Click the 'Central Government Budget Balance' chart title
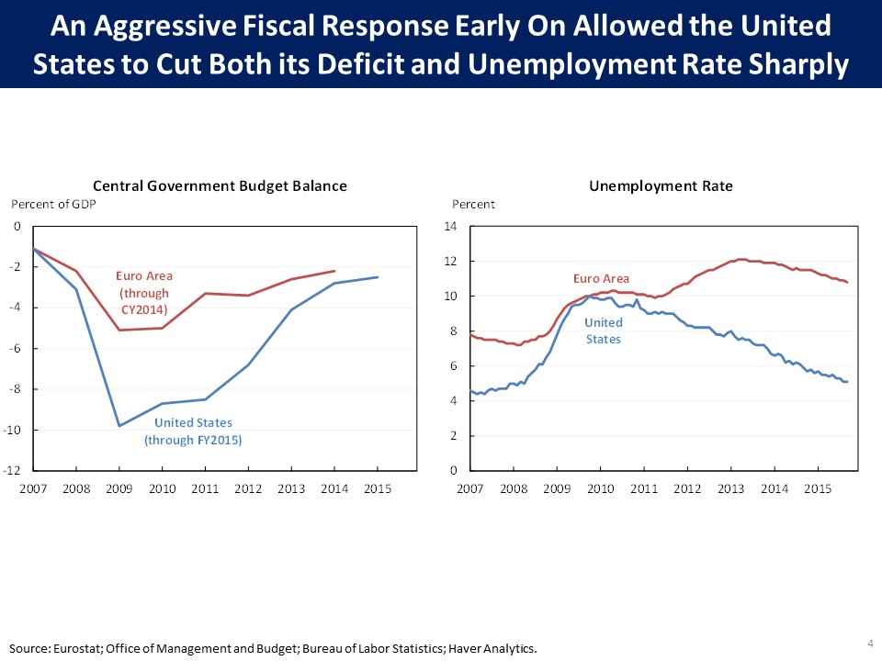tap(220, 185)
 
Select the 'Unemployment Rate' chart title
tap(661, 185)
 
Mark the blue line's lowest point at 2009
tap(119, 426)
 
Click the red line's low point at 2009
tap(119, 330)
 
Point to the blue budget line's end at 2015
tap(378, 277)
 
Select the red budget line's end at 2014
tap(334, 271)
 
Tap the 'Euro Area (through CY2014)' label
tap(143, 292)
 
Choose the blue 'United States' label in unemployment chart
tap(604, 330)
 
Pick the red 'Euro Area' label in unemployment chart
tap(601, 278)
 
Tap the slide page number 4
tap(869, 642)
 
